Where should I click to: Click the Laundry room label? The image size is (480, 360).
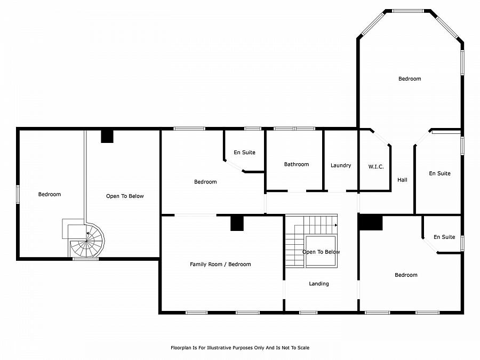(341, 165)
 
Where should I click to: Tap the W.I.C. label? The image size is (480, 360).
(376, 166)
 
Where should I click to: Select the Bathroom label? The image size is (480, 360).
(297, 164)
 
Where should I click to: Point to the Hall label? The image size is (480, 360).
(402, 180)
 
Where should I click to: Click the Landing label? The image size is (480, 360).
(319, 284)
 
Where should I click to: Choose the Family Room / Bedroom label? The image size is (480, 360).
(220, 264)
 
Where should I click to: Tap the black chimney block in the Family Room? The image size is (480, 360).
(237, 223)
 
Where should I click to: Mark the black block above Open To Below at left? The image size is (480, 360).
(107, 136)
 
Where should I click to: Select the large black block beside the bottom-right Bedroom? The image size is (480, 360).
(371, 222)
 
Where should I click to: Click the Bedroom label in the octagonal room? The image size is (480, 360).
(410, 79)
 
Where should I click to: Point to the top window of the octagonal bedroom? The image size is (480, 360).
(408, 11)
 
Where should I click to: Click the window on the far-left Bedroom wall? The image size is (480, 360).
(18, 194)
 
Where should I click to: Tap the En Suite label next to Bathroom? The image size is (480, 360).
(244, 152)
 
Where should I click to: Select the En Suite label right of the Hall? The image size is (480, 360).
(439, 173)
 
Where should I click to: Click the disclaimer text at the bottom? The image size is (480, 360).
(240, 348)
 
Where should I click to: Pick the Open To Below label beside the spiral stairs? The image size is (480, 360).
(125, 196)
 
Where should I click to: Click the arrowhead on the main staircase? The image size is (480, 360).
(336, 225)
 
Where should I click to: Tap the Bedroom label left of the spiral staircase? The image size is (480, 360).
(49, 194)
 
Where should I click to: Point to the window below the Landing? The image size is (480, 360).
(308, 313)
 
